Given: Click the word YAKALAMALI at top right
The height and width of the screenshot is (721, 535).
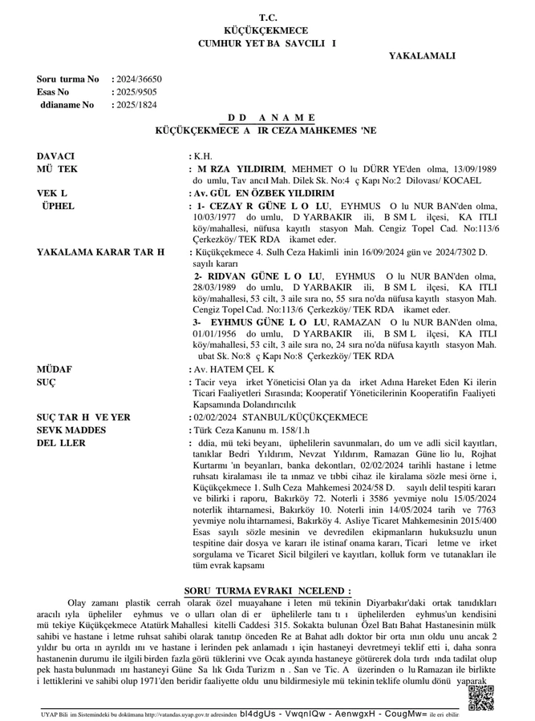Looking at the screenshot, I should click(422, 56).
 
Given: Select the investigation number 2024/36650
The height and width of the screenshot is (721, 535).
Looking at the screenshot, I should click(139, 79).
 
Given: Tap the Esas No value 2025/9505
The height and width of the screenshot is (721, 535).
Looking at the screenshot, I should click(136, 92).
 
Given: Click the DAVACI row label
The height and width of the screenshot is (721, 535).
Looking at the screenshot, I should click(55, 155).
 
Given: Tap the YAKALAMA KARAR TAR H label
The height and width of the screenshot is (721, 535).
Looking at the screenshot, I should click(100, 252).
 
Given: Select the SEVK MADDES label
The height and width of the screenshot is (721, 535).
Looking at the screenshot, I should click(71, 429).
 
